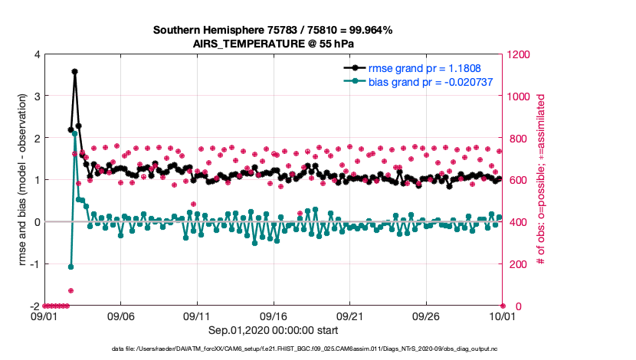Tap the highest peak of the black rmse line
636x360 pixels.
pos(74,71)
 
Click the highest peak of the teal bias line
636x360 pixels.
pos(74,133)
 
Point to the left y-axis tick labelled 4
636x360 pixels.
pos(37,54)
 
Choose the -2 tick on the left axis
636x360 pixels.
pos(34,306)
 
